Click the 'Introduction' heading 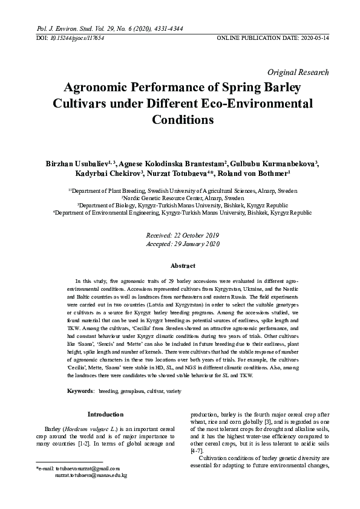[105, 415]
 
